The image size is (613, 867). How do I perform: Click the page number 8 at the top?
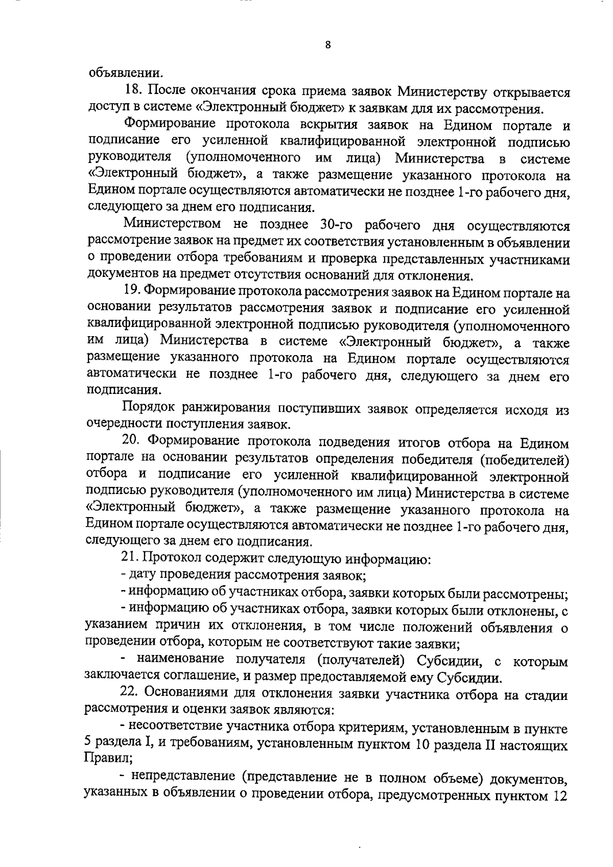pos(328,45)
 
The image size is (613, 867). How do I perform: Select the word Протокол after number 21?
pos(169,558)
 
